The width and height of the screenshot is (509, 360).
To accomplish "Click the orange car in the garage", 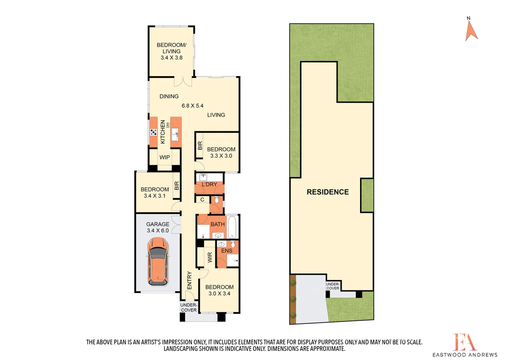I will click(158, 261).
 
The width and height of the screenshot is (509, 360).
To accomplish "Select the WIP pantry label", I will click(165, 157).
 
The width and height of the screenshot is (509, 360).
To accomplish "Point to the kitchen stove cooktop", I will click(153, 132).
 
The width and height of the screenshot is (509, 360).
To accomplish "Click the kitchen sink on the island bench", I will click(175, 135).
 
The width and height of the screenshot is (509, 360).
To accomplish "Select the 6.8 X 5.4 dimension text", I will click(192, 106).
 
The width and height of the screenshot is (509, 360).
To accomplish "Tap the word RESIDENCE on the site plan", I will click(327, 192).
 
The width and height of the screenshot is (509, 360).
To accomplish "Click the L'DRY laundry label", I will click(209, 184).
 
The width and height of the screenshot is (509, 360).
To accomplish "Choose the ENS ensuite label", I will click(227, 251).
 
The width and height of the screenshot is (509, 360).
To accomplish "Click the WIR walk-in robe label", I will click(210, 257).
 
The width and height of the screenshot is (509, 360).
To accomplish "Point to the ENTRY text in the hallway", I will click(190, 280).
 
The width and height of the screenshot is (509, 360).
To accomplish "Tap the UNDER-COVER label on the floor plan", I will click(189, 307).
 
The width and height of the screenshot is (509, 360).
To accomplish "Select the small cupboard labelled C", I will click(202, 200).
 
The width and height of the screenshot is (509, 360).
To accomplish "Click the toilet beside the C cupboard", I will click(217, 200).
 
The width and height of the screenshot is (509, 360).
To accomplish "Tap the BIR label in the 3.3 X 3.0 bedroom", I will click(200, 146).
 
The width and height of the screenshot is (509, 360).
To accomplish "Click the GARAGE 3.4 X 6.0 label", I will click(158, 227).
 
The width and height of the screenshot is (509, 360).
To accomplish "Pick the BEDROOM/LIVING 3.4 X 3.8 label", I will click(171, 51).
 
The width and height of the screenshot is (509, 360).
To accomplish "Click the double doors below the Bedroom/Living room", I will click(183, 81).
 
